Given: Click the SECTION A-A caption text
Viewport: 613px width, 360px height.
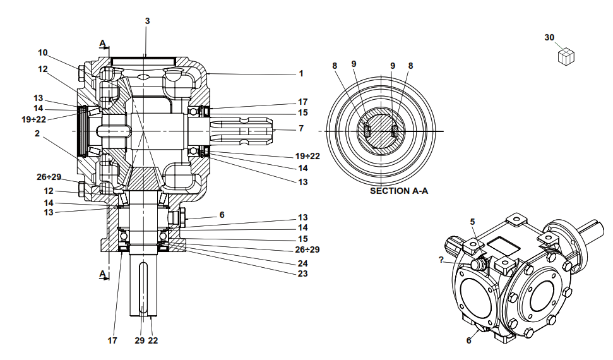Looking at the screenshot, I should pyautogui.click(x=398, y=190).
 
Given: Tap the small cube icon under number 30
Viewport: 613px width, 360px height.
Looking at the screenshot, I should pyautogui.click(x=566, y=56).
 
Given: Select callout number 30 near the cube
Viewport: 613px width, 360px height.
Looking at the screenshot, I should pyautogui.click(x=549, y=38).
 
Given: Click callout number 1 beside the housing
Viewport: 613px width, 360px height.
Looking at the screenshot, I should pyautogui.click(x=301, y=73).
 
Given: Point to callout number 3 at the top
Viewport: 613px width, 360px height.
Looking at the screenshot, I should pyautogui.click(x=147, y=21).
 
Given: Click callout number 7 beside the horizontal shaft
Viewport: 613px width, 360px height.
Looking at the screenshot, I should pyautogui.click(x=301, y=128).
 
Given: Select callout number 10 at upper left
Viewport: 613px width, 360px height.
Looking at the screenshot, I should pyautogui.click(x=42, y=52).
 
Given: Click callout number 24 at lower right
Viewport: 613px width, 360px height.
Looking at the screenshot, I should pyautogui.click(x=302, y=263).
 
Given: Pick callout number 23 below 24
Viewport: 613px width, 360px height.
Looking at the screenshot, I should pyautogui.click(x=302, y=273).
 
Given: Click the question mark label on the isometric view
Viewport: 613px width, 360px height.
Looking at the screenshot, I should pyautogui.click(x=441, y=259).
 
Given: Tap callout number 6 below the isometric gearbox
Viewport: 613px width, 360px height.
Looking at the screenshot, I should pyautogui.click(x=469, y=340).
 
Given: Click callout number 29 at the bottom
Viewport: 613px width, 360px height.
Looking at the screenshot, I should pyautogui.click(x=139, y=340).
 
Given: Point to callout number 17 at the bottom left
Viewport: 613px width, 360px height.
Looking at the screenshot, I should pyautogui.click(x=112, y=340).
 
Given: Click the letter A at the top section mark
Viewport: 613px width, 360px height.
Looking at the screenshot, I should pyautogui.click(x=102, y=43).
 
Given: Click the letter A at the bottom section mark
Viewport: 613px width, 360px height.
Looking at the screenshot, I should pyautogui.click(x=102, y=274).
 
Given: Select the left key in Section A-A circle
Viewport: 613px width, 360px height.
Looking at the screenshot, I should pyautogui.click(x=366, y=131).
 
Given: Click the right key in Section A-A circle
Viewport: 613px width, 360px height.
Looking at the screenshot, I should pyautogui.click(x=395, y=131).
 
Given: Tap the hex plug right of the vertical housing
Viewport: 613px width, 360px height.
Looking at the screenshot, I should pyautogui.click(x=179, y=219).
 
